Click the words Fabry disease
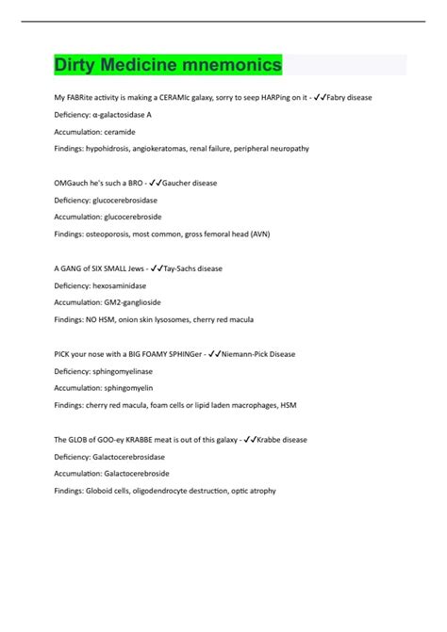pos(358,97)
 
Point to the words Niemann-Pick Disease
pos(259,354)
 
